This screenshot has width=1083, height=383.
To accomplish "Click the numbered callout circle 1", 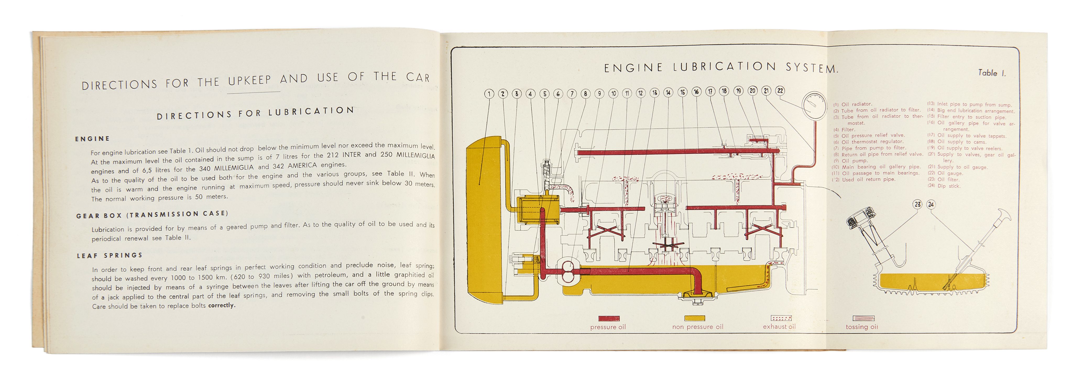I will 489,94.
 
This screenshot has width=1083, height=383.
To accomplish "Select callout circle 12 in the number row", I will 640,93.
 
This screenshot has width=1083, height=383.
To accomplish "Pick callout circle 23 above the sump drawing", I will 917,204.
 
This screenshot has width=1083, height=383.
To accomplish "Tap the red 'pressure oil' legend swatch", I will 608,318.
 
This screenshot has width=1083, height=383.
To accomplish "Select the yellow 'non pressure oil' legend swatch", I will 694,318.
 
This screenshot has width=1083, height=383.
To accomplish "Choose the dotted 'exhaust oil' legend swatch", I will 781,318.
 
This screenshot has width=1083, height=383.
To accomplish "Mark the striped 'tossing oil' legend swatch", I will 863,318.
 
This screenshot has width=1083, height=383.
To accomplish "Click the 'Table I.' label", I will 991,73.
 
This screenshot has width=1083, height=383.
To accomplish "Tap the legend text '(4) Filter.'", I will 844,129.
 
